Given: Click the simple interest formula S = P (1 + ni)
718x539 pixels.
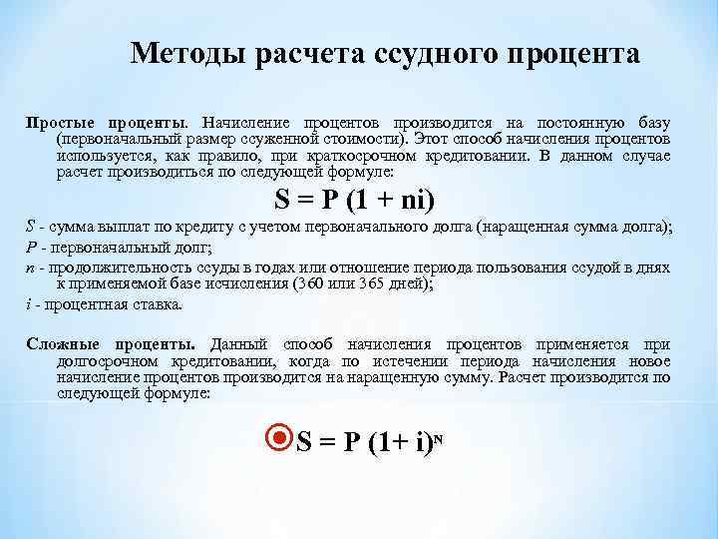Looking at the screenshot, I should click(353, 199).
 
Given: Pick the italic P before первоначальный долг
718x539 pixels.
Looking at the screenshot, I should click(30, 248).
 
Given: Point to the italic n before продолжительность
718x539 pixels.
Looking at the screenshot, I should click(30, 267).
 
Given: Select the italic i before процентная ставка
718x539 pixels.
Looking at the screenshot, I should click(29, 303).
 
